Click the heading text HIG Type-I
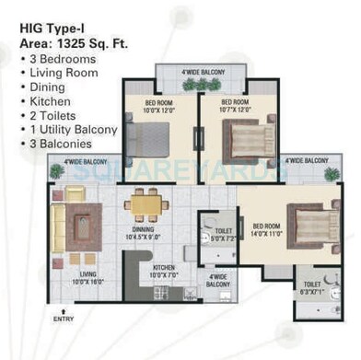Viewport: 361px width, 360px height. click(54, 28)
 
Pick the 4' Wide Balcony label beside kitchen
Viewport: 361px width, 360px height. click(218, 281)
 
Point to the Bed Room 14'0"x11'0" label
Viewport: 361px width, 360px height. click(266, 229)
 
